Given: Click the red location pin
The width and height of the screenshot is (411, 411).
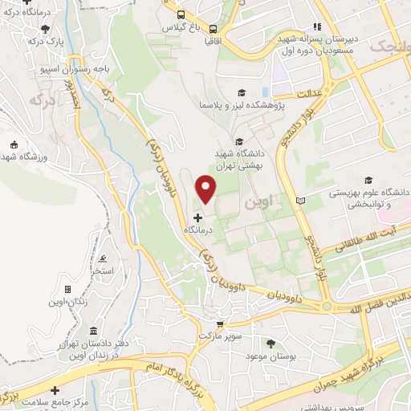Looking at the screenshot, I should coord(206,189).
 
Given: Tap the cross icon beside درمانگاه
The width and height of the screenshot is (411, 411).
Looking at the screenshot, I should coord(197,218).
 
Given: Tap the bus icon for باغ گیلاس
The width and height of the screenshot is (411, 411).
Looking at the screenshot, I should coord(181,14).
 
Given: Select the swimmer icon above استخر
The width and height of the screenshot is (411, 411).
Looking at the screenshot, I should coord(103,258).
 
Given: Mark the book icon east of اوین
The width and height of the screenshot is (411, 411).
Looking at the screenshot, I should coord(301,200).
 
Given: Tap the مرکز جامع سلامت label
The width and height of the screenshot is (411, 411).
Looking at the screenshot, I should coord(77,401).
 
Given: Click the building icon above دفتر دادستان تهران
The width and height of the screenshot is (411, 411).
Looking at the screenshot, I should coord(94,331).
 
